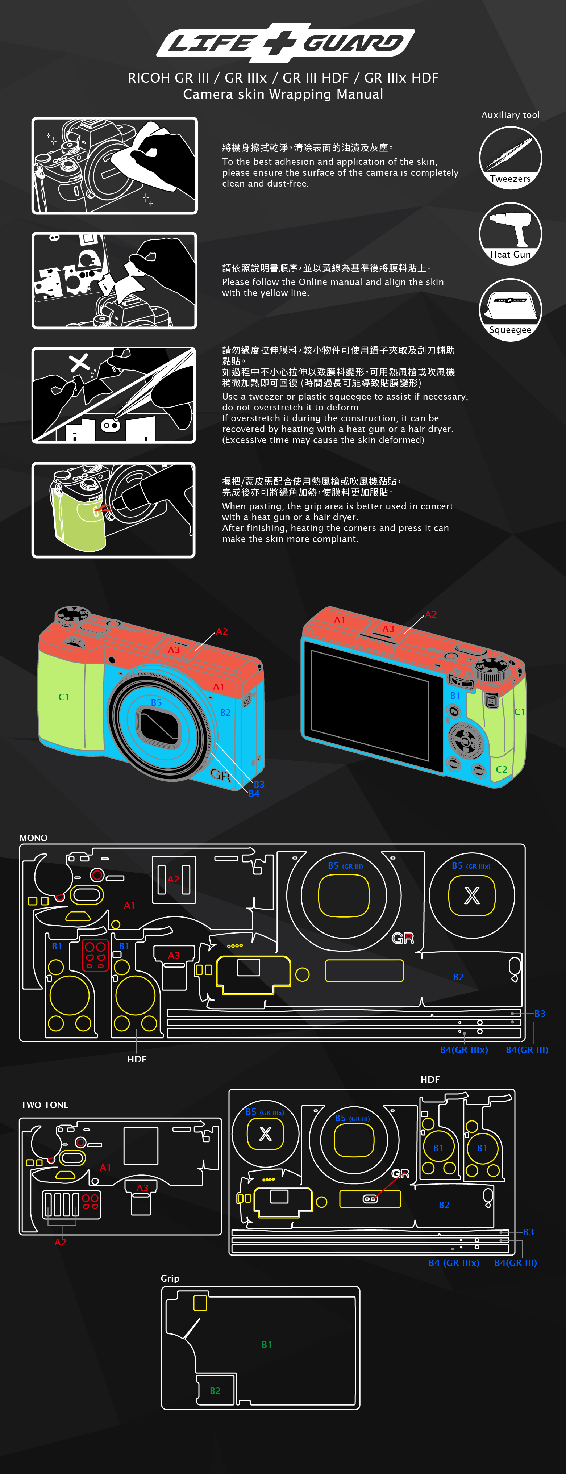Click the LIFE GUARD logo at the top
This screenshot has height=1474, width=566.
pos(285,43)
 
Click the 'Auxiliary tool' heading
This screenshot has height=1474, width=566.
pos(510,115)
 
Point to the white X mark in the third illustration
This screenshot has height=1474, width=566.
pos(79,362)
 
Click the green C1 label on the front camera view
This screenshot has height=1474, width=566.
pos(63,697)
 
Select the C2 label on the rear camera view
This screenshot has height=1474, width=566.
pos(502,770)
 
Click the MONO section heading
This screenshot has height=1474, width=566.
pos(33,838)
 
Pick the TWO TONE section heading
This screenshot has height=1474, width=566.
pos(45,1105)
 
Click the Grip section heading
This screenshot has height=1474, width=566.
pos(170,1278)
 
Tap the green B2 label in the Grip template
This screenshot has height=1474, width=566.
pos(215,1390)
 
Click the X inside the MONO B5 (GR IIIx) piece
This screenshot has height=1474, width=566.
pos(471,895)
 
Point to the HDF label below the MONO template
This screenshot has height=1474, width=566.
pos(137,1059)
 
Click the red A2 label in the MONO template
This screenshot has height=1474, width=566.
pos(174,879)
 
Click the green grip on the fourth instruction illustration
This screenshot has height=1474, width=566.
pos(77,518)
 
